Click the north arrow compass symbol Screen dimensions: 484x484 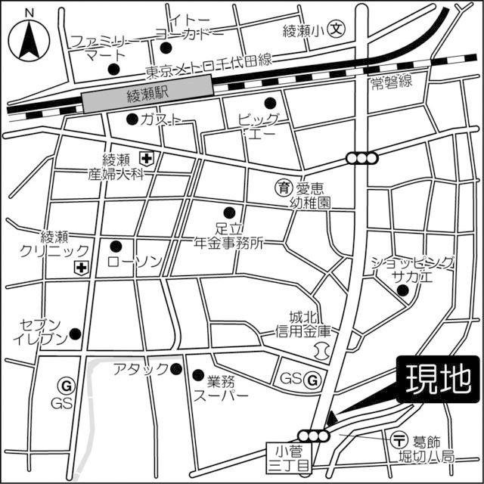click(x=29, y=38)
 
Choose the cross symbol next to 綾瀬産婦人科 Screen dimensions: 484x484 click(x=145, y=158)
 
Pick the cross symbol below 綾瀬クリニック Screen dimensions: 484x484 click(x=81, y=268)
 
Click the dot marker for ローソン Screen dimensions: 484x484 click(x=116, y=246)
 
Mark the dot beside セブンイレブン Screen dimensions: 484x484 click(x=75, y=334)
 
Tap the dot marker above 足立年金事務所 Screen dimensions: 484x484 click(x=229, y=212)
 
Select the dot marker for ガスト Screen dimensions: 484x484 click(x=132, y=119)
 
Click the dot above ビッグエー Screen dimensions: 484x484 click(x=268, y=104)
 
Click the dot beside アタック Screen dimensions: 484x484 click(x=176, y=369)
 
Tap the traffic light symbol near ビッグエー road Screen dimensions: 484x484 click(x=362, y=158)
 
